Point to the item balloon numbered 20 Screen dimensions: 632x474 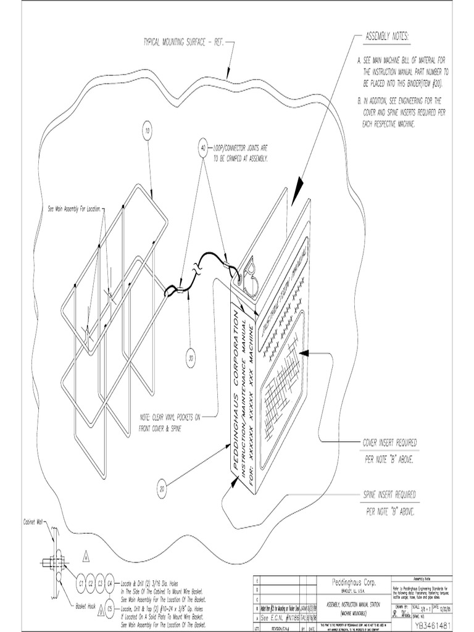click(x=162, y=489)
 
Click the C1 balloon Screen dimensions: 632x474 click(x=80, y=582)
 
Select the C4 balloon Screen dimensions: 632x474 click(x=110, y=582)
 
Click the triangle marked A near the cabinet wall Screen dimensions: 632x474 click(x=86, y=556)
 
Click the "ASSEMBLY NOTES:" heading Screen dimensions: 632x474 click(x=387, y=38)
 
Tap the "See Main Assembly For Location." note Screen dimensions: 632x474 click(x=73, y=209)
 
